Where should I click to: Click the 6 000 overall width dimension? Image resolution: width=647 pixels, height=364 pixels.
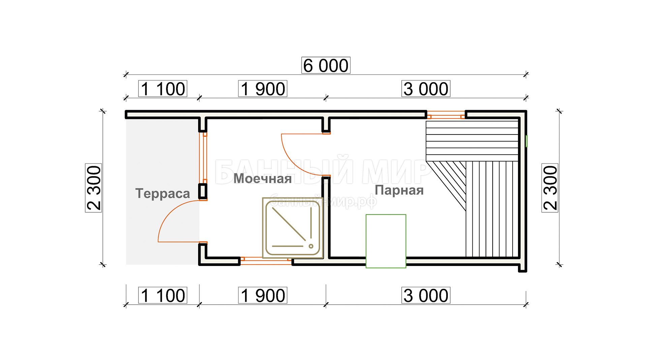click(x=326, y=65)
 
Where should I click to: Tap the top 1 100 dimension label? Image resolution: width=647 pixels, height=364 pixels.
click(x=163, y=89)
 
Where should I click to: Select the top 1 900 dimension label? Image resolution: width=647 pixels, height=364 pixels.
click(x=263, y=89)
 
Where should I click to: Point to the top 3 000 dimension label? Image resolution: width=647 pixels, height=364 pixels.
click(x=426, y=89)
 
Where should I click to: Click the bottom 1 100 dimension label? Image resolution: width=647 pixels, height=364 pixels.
click(x=163, y=295)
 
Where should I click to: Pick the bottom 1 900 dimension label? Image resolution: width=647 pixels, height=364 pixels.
click(x=263, y=295)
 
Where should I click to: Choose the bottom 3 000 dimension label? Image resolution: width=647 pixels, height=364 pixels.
click(x=426, y=295)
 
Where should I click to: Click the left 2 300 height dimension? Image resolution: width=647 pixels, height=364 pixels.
click(x=94, y=188)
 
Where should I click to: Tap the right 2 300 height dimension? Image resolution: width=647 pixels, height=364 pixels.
click(x=550, y=188)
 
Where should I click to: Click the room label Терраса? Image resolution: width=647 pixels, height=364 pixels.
click(x=162, y=194)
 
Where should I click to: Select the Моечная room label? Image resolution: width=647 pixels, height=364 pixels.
click(x=263, y=178)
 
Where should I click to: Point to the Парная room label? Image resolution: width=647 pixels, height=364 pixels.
click(x=399, y=190)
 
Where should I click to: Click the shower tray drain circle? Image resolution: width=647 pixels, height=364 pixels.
click(x=311, y=246)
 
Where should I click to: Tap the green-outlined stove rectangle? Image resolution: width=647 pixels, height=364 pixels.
click(x=386, y=241)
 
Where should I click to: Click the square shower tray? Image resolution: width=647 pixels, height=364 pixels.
click(x=293, y=228)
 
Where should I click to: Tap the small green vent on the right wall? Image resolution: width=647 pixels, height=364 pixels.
click(x=527, y=141)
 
